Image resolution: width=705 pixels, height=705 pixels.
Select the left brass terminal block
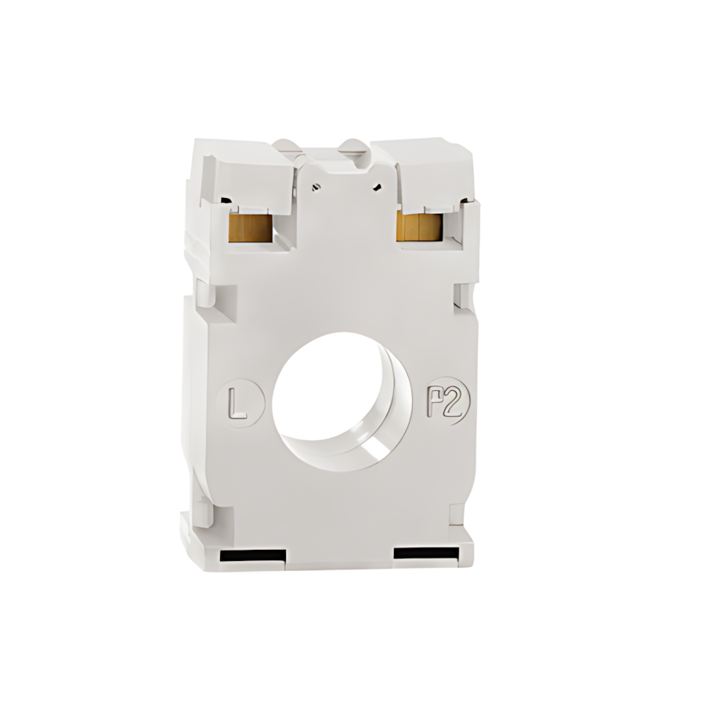(250, 227)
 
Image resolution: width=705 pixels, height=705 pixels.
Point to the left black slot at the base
(253, 556)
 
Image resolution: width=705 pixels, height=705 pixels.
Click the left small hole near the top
(316, 186)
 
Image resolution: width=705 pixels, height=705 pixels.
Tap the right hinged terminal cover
(427, 167)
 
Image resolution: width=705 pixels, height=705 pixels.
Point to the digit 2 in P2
(458, 403)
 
